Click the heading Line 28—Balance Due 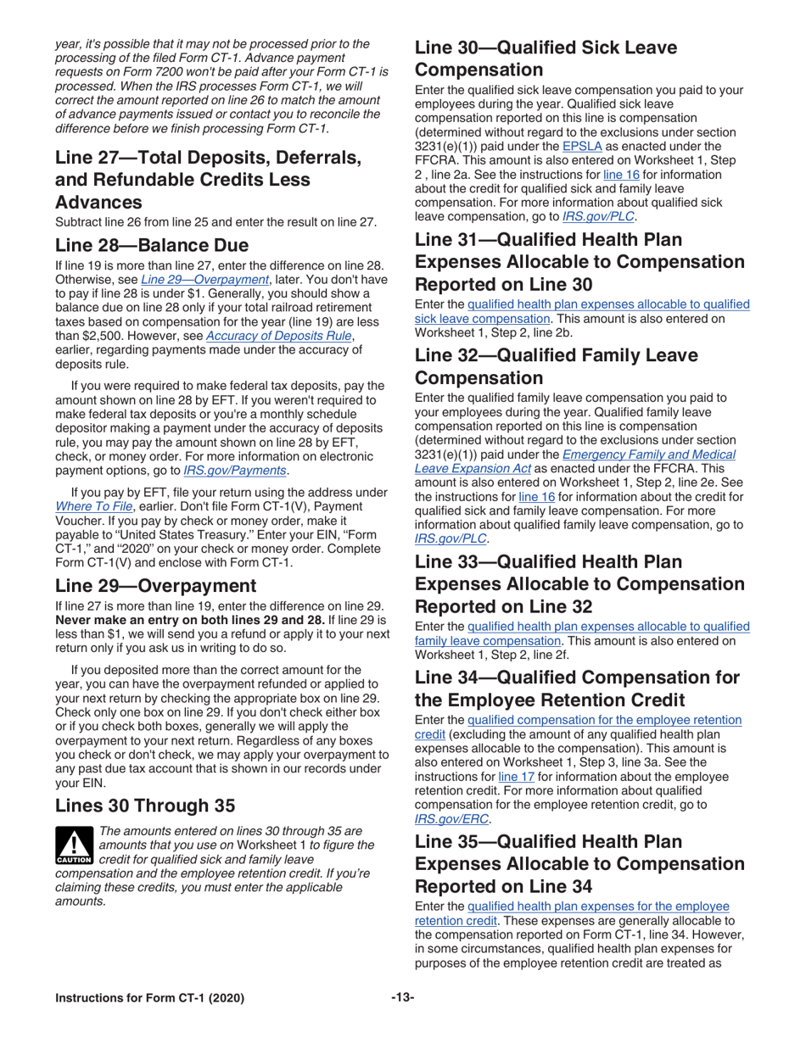[151, 246]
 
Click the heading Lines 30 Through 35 [150, 805]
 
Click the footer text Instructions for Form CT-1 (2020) [149, 998]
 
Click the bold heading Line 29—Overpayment [155, 586]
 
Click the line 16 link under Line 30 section [614, 175]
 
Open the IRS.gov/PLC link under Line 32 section [451, 538]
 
